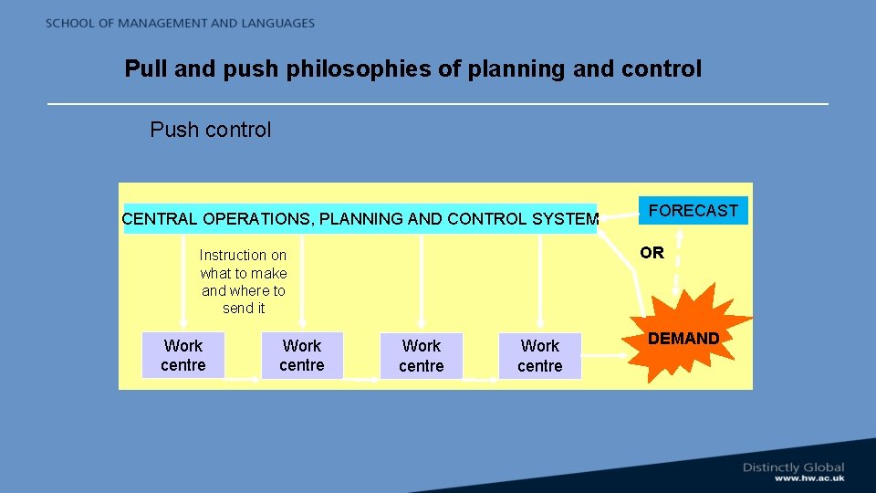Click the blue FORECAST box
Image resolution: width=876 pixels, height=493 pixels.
pyautogui.click(x=693, y=211)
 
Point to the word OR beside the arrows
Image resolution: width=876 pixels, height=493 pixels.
pyautogui.click(x=652, y=253)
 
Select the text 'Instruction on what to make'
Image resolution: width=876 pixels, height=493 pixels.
pyautogui.click(x=243, y=264)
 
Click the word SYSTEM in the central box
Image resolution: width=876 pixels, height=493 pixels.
pyautogui.click(x=565, y=219)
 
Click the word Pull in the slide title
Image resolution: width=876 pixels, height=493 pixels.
pyautogui.click(x=145, y=68)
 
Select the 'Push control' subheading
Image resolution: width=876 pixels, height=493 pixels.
pyautogui.click(x=210, y=130)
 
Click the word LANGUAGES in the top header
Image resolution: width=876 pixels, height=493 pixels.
pyautogui.click(x=274, y=23)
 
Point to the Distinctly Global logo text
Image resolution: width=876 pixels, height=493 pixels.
pyautogui.click(x=793, y=467)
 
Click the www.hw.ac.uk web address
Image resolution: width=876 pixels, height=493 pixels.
pyautogui.click(x=809, y=478)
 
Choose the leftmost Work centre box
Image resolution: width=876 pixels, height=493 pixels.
pyautogui.click(x=183, y=355)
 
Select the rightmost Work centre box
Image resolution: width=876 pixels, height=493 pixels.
pyautogui.click(x=539, y=356)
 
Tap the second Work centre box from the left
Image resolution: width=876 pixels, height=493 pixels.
pyautogui.click(x=302, y=355)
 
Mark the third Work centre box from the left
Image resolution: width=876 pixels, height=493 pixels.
pyautogui.click(x=421, y=356)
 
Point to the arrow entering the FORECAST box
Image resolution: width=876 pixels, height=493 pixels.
pyautogui.click(x=619, y=215)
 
